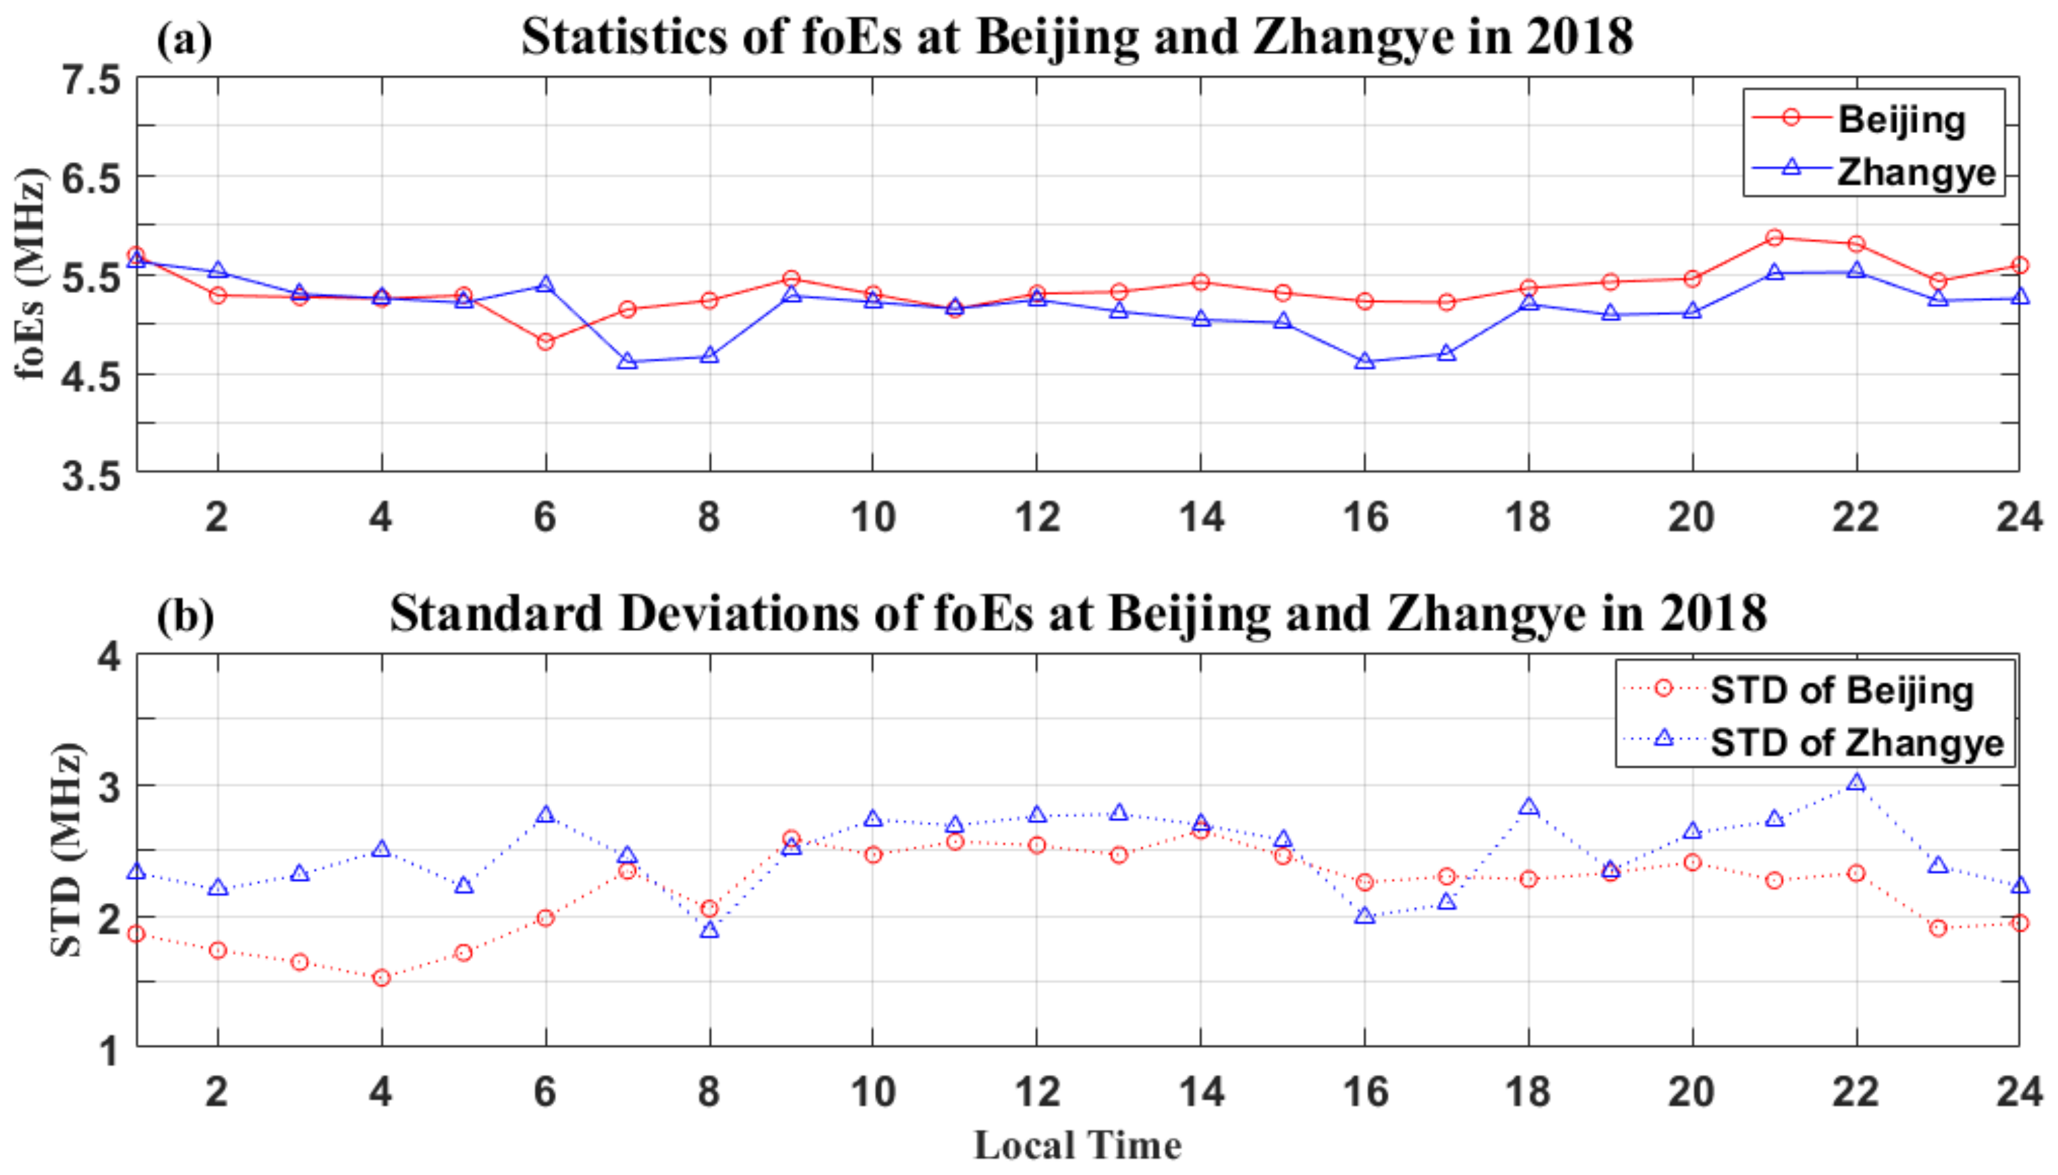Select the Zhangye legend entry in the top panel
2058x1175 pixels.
click(x=1914, y=172)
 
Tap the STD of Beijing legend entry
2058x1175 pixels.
click(x=1841, y=690)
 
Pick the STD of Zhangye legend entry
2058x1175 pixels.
click(x=1856, y=742)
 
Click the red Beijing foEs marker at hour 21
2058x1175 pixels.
click(x=1774, y=237)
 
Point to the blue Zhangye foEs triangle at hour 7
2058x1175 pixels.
click(x=627, y=362)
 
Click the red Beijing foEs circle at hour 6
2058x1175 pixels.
click(x=545, y=342)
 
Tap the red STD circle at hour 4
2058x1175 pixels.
click(x=381, y=978)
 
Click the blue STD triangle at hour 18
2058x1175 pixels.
click(x=1528, y=807)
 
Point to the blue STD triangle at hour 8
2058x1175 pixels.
click(x=709, y=931)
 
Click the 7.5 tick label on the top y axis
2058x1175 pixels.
click(x=91, y=81)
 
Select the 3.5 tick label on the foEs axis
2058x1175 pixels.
click(x=91, y=476)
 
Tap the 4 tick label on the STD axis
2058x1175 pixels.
click(x=109, y=656)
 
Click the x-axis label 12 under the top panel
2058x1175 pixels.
click(x=1036, y=516)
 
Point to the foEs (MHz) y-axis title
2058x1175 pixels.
click(x=31, y=275)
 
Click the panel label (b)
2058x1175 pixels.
click(x=186, y=616)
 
